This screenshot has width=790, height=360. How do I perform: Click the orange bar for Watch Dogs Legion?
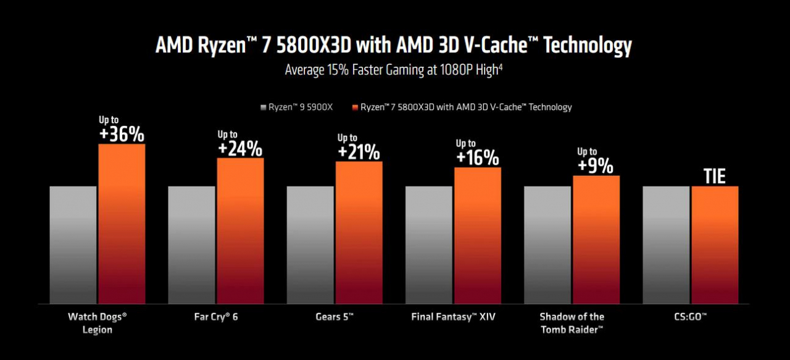click(122, 224)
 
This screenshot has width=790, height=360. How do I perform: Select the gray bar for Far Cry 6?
click(191, 245)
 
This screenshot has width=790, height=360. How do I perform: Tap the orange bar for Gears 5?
click(359, 232)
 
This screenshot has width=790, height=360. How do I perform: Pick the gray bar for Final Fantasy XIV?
click(428, 245)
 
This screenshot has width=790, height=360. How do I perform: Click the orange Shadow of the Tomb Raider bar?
click(596, 240)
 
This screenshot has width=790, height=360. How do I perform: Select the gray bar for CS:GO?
click(665, 245)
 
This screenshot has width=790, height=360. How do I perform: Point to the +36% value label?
click(122, 134)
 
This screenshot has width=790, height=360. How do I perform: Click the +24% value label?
click(240, 149)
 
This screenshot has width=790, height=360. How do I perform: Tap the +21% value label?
click(359, 152)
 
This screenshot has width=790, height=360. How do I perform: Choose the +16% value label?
click(477, 157)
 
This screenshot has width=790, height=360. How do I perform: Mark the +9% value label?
click(596, 165)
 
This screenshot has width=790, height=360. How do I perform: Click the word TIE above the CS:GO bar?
click(715, 177)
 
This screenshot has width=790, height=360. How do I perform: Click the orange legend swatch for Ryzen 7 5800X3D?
click(355, 107)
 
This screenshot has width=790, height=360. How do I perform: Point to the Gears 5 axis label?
click(335, 317)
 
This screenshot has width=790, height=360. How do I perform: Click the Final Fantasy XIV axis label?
click(453, 317)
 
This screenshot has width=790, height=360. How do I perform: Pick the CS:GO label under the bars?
click(690, 317)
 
